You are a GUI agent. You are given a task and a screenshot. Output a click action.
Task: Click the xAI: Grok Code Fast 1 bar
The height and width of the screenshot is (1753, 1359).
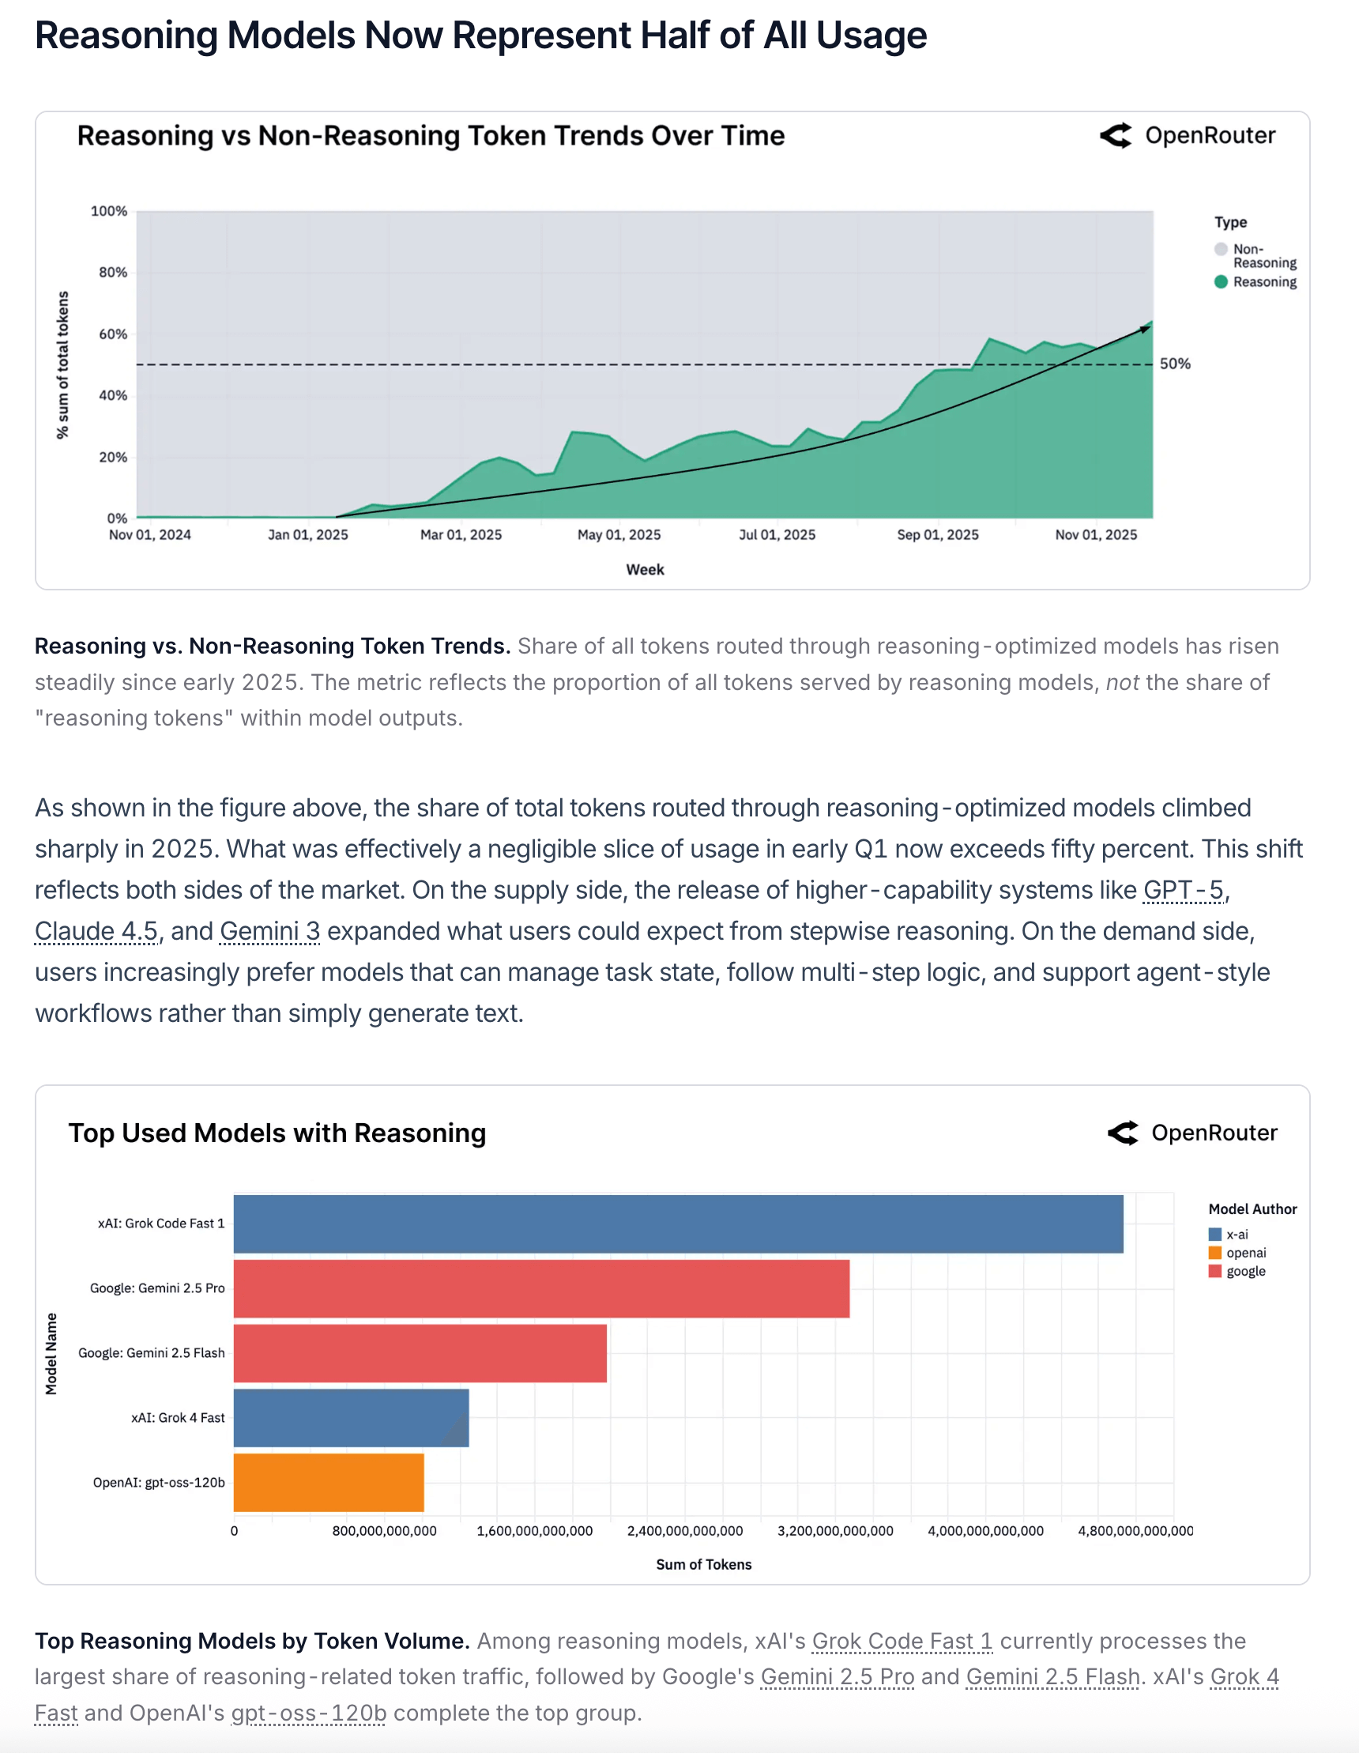pyautogui.click(x=678, y=1224)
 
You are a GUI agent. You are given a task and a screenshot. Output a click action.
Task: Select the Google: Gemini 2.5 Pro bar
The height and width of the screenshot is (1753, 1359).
pyautogui.click(x=541, y=1288)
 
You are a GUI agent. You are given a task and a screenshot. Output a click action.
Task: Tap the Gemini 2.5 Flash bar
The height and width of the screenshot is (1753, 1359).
pyautogui.click(x=420, y=1353)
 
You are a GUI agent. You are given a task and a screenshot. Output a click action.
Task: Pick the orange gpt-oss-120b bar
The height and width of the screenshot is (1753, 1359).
pyautogui.click(x=328, y=1483)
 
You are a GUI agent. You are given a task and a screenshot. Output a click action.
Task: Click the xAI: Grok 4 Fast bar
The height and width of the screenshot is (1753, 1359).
pyautogui.click(x=351, y=1417)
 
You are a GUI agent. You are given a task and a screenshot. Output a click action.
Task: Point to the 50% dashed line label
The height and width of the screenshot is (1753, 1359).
pyautogui.click(x=1174, y=364)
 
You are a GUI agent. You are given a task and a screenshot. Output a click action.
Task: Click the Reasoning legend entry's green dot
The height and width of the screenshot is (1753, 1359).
pyautogui.click(x=1221, y=281)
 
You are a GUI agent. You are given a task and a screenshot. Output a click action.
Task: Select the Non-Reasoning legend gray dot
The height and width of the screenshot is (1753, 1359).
pyautogui.click(x=1221, y=250)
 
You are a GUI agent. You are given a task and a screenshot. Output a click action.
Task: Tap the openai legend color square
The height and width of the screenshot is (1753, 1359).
pyautogui.click(x=1214, y=1253)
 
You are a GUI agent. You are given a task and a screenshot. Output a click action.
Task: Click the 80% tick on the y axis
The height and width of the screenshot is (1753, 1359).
pyautogui.click(x=113, y=273)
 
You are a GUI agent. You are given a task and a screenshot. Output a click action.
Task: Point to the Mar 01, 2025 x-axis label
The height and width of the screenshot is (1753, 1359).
pyautogui.click(x=461, y=535)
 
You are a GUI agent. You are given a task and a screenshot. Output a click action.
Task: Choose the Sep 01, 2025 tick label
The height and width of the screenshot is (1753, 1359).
pyautogui.click(x=937, y=535)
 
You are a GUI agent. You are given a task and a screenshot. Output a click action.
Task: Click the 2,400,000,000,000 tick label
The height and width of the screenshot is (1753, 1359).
pyautogui.click(x=684, y=1531)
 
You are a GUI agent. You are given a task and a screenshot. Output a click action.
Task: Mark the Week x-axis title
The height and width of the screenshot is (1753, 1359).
pyautogui.click(x=645, y=570)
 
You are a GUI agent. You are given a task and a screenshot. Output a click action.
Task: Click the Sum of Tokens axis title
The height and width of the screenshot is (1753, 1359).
pyautogui.click(x=703, y=1564)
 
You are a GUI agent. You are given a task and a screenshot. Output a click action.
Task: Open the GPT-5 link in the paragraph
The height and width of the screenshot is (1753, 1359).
pyautogui.click(x=1184, y=890)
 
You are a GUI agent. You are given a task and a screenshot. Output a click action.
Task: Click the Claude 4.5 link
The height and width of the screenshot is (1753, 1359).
pyautogui.click(x=96, y=931)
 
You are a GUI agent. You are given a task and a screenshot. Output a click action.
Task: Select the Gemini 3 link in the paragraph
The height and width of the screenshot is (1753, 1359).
pyautogui.click(x=269, y=931)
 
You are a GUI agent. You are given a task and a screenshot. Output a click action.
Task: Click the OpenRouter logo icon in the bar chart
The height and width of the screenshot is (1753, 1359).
pyautogui.click(x=1122, y=1133)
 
